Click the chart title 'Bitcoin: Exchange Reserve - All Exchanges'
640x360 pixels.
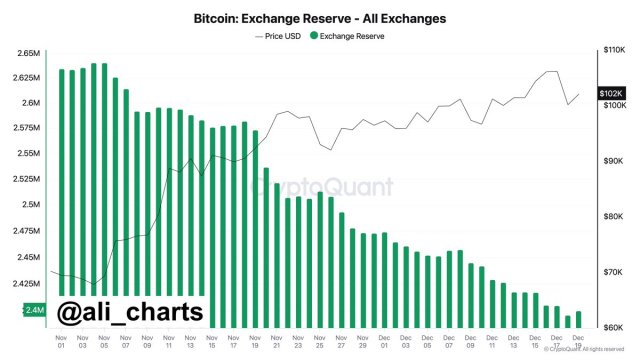coord(320,18)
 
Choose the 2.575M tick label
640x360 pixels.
coord(27,128)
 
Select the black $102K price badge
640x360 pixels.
coord(612,94)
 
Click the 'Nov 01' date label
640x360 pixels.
coord(62,342)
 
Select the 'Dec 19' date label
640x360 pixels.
coord(579,342)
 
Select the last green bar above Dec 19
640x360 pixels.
coord(579,319)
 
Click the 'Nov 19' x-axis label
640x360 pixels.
coord(256,342)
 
